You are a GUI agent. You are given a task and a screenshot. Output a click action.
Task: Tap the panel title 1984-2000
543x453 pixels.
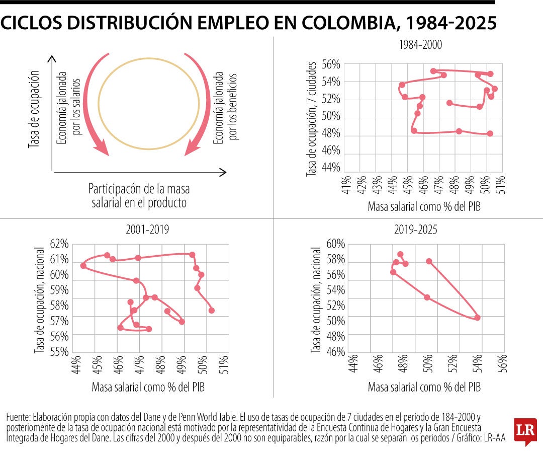[x=420, y=45]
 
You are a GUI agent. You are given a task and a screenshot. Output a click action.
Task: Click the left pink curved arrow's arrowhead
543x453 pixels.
[x=102, y=147]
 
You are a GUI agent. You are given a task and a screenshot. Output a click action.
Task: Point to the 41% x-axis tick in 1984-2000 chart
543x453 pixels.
[x=346, y=185]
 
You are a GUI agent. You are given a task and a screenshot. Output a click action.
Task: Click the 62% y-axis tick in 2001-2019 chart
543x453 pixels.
[x=59, y=244]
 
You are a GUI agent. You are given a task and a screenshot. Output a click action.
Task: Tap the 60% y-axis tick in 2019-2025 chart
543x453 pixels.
[x=336, y=244]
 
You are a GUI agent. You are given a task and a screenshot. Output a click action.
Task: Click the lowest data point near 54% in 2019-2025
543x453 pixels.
[x=477, y=318]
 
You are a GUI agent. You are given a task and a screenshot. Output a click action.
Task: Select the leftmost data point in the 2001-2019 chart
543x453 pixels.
[x=83, y=265]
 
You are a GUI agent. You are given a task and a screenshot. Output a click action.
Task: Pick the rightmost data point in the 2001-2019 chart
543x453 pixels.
[x=211, y=310]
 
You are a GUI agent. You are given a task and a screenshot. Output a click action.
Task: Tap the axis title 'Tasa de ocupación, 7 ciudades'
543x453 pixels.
[x=312, y=119]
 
